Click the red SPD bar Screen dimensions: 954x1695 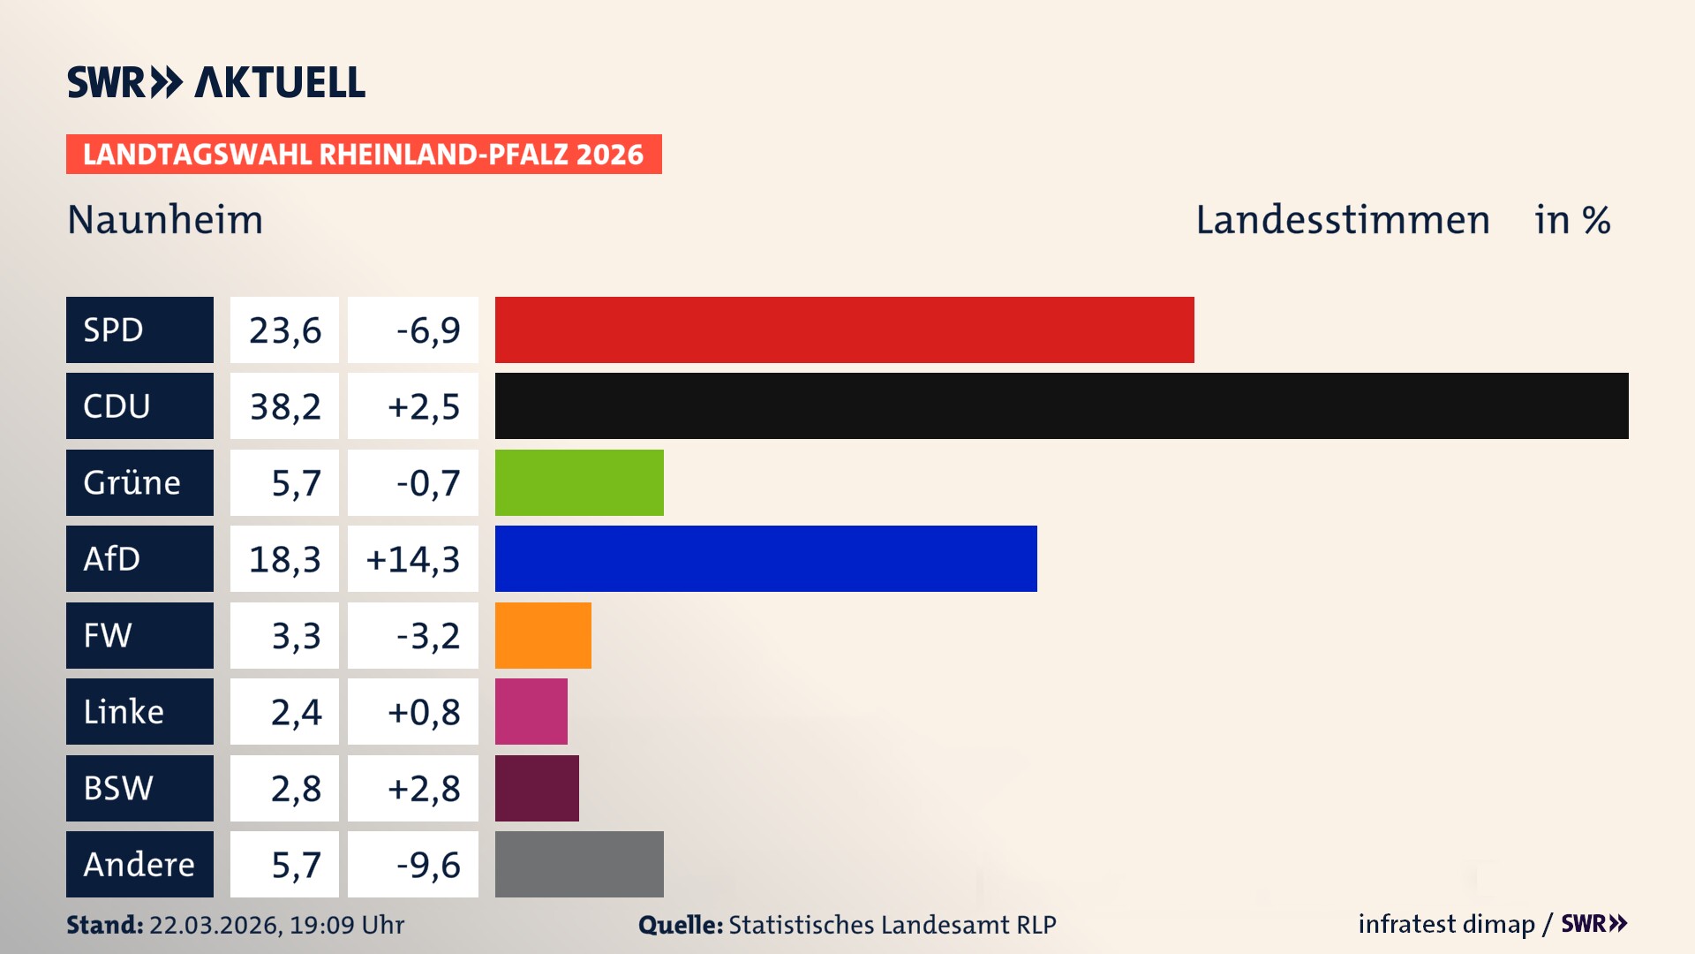(x=844, y=329)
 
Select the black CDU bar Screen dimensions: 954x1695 (x=1061, y=406)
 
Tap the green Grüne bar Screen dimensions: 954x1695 (x=579, y=482)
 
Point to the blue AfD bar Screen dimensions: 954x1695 (x=765, y=558)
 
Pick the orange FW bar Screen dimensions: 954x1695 (x=543, y=635)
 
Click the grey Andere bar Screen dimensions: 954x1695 (x=579, y=864)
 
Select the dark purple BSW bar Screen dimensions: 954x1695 (x=537, y=788)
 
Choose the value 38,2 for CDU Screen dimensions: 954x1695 (x=285, y=406)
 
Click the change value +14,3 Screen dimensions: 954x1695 (x=413, y=559)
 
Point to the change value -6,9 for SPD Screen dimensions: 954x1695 (x=427, y=330)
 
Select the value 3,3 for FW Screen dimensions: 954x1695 (x=296, y=636)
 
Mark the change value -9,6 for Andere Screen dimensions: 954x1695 (x=427, y=865)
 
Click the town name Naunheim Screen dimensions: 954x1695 (x=165, y=220)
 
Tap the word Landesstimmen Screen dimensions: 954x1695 (x=1342, y=220)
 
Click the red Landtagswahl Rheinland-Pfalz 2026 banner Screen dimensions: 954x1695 (x=364, y=155)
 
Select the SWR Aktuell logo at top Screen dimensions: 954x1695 (x=216, y=82)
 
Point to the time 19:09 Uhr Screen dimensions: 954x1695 (x=347, y=925)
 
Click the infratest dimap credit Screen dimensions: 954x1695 (x=1446, y=924)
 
